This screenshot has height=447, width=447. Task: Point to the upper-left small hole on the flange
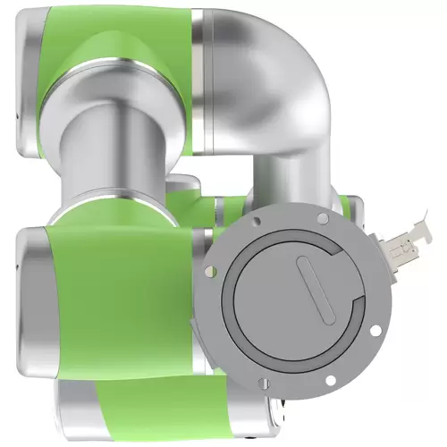(x=256, y=219)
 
